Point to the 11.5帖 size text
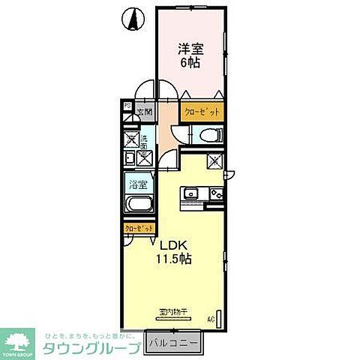(174, 259)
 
